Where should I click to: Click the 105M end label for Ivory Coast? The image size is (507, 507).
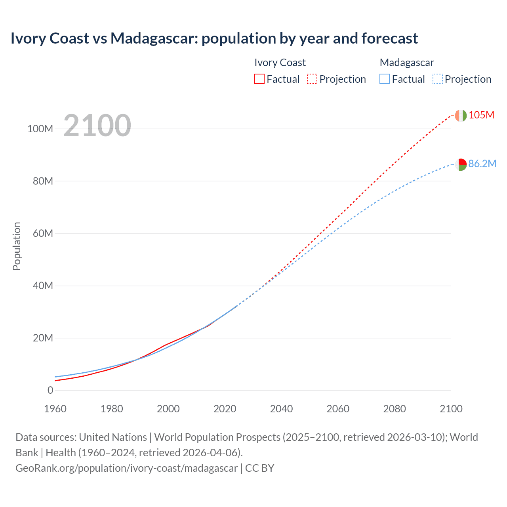(481, 115)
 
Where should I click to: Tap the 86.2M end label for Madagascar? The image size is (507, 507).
(482, 164)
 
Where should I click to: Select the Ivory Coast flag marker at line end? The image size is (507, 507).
(460, 115)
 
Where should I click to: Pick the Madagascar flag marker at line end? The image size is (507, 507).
(460, 164)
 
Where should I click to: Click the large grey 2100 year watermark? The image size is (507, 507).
(97, 126)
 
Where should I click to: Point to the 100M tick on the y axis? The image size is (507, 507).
(40, 129)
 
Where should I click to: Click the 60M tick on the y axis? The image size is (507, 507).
(43, 233)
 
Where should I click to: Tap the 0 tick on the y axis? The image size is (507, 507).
(50, 390)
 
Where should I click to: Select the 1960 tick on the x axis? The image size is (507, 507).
(55, 409)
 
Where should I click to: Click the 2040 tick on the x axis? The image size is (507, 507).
(281, 409)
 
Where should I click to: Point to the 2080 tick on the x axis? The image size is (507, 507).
(394, 409)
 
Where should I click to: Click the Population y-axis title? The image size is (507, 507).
(17, 246)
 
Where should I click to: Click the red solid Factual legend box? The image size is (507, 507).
(259, 79)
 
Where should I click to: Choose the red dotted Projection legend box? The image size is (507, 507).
(312, 79)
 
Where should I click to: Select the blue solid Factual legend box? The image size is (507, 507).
(384, 79)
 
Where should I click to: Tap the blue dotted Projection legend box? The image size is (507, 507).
(437, 79)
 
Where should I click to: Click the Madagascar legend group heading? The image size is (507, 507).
(407, 63)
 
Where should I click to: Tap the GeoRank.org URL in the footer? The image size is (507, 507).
(127, 468)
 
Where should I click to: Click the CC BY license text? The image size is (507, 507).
(260, 468)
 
